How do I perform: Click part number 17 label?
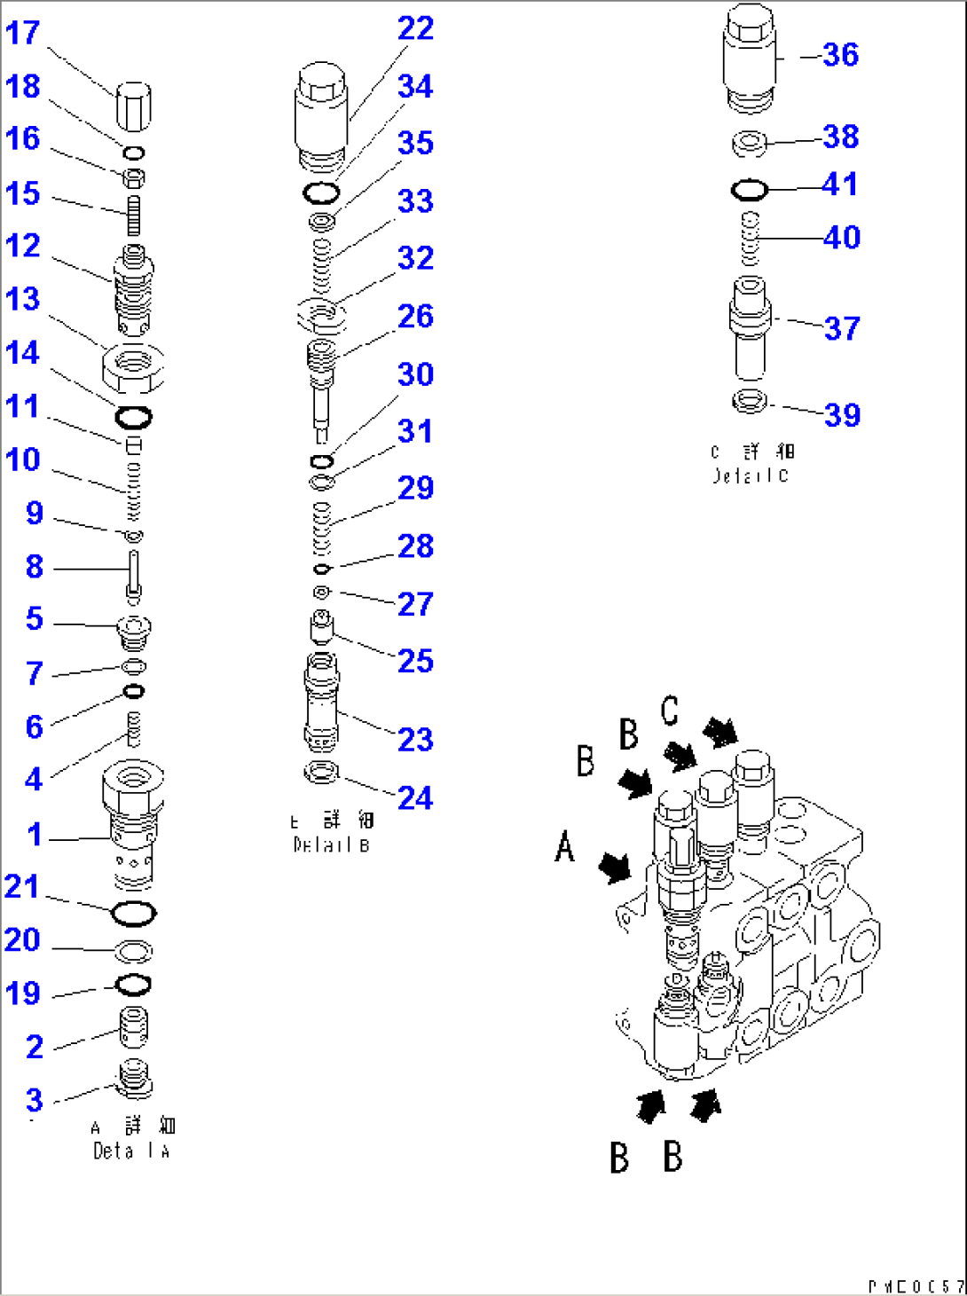(x=23, y=33)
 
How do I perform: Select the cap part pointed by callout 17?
(x=133, y=105)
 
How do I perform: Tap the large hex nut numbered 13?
(x=134, y=366)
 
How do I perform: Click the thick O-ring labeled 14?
(x=134, y=416)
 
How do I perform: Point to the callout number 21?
(x=22, y=886)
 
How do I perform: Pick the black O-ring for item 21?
(x=135, y=913)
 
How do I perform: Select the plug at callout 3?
(x=134, y=1078)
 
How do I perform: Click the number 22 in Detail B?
(x=415, y=28)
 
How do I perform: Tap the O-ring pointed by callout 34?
(x=321, y=192)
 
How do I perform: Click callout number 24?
(x=415, y=797)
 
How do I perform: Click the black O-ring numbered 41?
(x=750, y=190)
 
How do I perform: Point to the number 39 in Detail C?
(x=842, y=414)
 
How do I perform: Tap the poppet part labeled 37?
(x=751, y=328)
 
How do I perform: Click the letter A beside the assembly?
(x=565, y=846)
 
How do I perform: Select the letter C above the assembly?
(x=670, y=711)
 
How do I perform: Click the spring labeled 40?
(x=751, y=239)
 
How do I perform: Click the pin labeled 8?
(x=134, y=573)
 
